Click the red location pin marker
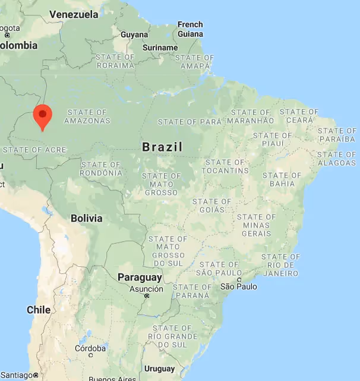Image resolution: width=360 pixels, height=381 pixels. (42, 115)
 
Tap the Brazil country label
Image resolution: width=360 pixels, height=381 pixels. (162, 147)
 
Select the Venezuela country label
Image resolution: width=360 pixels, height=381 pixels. (74, 14)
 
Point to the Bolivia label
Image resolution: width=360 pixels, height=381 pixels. (86, 218)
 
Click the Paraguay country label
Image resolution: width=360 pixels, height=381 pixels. (140, 278)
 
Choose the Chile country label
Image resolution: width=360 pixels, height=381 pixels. (39, 310)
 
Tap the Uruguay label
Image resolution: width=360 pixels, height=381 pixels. (160, 369)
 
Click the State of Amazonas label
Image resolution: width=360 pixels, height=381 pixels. (87, 116)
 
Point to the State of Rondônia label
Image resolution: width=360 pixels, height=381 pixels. (102, 169)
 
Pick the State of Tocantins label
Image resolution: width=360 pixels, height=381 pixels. (226, 166)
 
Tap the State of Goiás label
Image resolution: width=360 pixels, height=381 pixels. (212, 206)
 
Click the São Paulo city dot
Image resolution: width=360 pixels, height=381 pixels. (238, 279)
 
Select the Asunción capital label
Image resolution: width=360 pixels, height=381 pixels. (146, 289)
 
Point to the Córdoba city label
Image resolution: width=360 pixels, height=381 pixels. (90, 348)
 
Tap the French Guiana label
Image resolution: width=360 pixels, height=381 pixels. (190, 29)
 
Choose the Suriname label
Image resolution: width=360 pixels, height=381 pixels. (160, 48)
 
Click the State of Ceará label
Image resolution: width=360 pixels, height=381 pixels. (299, 116)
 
